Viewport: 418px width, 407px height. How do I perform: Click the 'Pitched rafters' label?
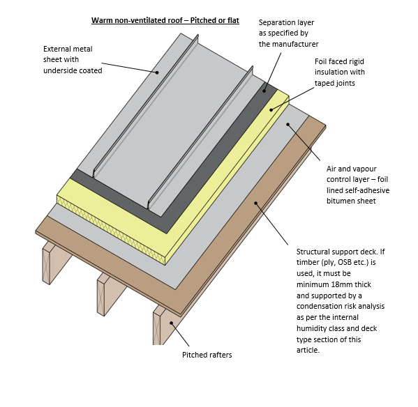pos(207,355)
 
